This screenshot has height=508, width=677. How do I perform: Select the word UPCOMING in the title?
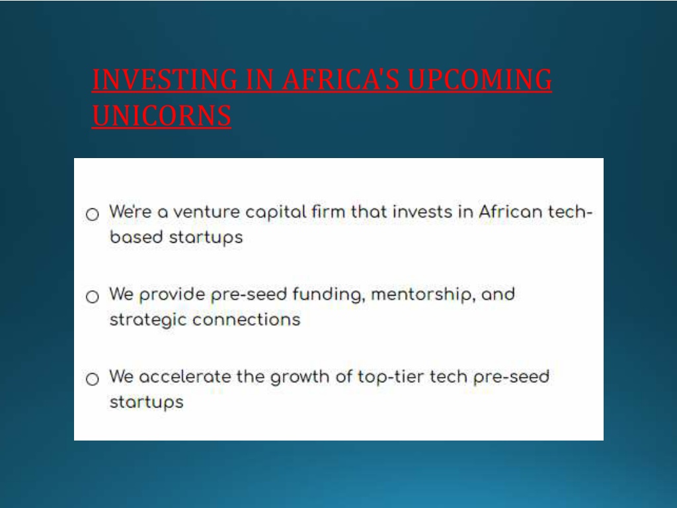pyautogui.click(x=479, y=79)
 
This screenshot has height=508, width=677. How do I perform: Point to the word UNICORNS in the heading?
pyautogui.click(x=162, y=116)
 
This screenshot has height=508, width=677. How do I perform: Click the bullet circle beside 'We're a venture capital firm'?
pyautogui.click(x=92, y=214)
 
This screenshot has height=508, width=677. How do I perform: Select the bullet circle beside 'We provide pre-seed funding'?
pyautogui.click(x=92, y=297)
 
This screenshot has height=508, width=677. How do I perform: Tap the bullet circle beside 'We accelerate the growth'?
pyautogui.click(x=92, y=379)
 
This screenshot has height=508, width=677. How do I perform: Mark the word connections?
pyautogui.click(x=246, y=320)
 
